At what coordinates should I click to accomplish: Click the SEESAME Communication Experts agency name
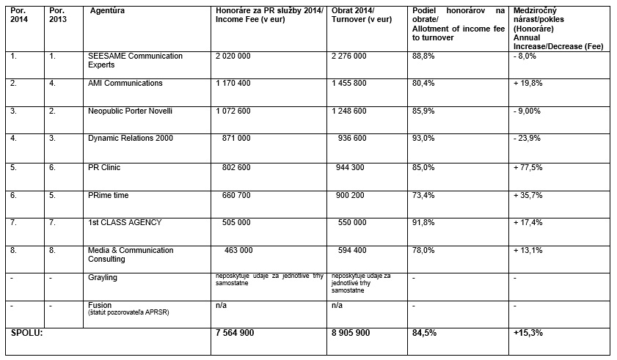pyautogui.click(x=134, y=60)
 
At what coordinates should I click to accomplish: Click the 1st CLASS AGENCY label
pyautogui.click(x=124, y=222)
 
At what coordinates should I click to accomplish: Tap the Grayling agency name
pyautogui.click(x=102, y=277)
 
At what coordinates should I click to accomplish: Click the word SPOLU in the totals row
pyautogui.click(x=27, y=333)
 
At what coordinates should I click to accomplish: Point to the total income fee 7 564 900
pyautogui.click(x=235, y=333)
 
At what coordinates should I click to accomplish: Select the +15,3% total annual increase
pyautogui.click(x=528, y=333)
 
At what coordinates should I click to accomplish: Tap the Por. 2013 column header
pyautogui.click(x=59, y=15)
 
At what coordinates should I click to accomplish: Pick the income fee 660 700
pyautogui.click(x=237, y=194)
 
